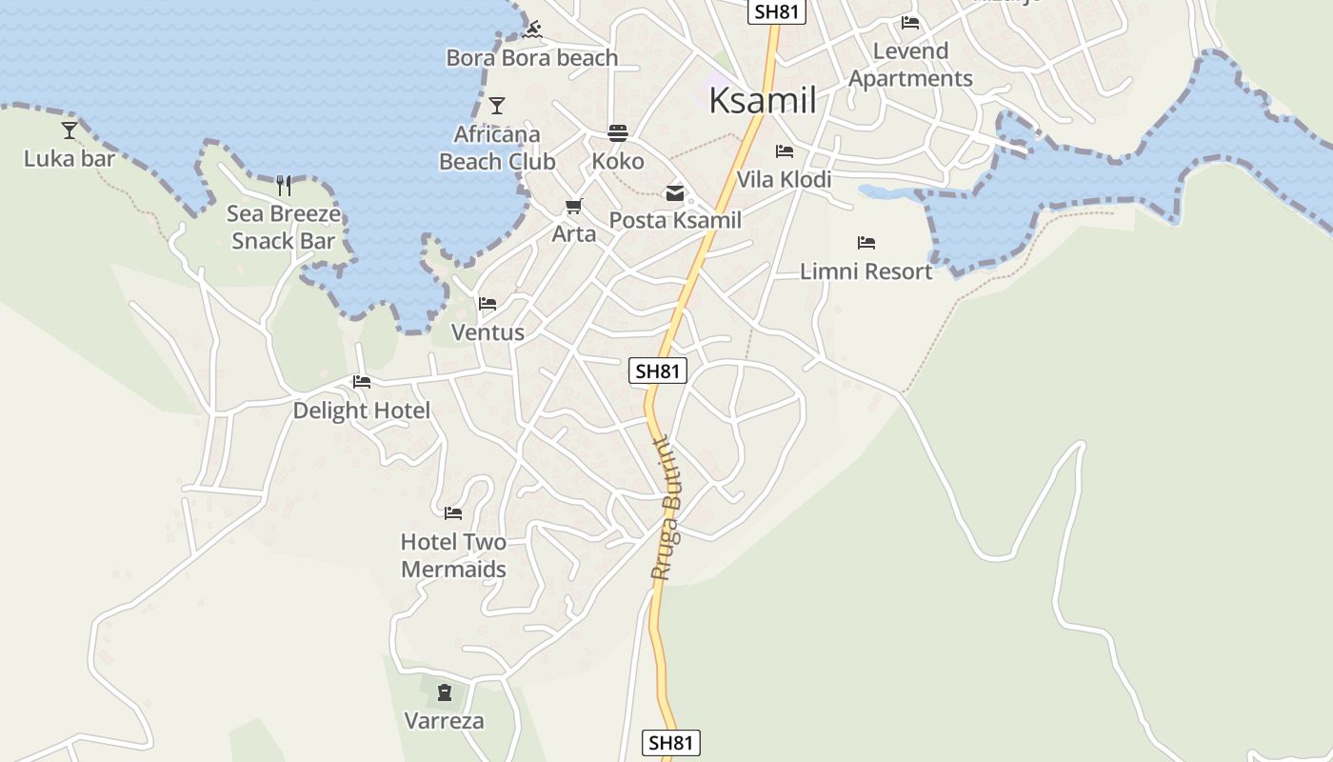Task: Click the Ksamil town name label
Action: click(763, 100)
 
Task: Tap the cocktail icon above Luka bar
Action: click(70, 130)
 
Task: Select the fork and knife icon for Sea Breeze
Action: click(283, 185)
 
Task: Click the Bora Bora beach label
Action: click(532, 58)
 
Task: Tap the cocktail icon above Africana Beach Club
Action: click(496, 105)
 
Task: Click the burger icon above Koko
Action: click(618, 132)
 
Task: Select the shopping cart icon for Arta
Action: click(573, 206)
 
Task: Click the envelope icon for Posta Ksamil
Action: click(675, 193)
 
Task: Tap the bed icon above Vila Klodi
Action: click(785, 151)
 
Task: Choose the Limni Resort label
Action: click(865, 271)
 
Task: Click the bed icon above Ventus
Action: click(487, 304)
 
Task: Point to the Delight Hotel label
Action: click(361, 411)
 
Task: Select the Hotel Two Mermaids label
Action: click(453, 555)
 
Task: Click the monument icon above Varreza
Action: click(444, 692)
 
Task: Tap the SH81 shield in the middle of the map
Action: click(658, 371)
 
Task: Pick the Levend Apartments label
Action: click(910, 65)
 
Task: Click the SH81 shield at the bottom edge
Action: click(671, 743)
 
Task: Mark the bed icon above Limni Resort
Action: click(865, 243)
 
